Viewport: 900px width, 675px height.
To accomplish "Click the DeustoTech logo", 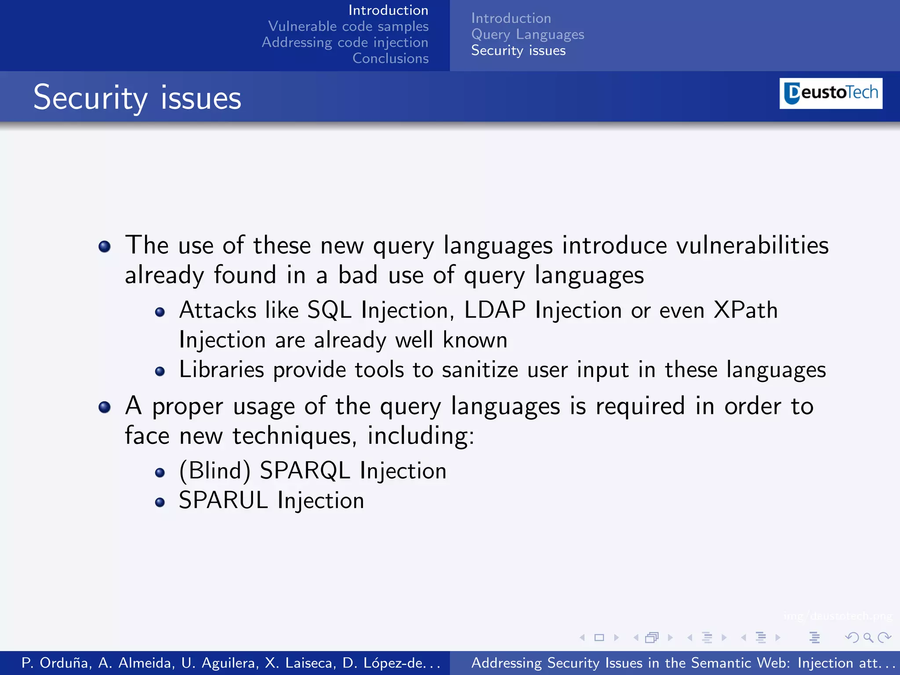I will click(831, 93).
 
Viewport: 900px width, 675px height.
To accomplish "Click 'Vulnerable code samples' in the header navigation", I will click(348, 26).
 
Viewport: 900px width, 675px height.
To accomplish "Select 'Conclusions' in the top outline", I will click(390, 58).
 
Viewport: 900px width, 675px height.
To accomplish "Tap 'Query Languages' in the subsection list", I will click(527, 34).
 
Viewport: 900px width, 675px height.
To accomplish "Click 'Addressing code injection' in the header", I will click(345, 43).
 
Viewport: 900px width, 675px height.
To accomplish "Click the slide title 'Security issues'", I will click(137, 98).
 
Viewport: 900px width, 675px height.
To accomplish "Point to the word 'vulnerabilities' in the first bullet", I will click(752, 245).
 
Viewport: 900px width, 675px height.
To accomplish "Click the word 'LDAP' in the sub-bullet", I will click(494, 310).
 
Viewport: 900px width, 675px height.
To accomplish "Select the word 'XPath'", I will click(745, 310).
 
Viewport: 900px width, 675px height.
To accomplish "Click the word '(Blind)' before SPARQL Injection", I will click(215, 471).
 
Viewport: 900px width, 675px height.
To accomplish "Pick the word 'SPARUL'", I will click(223, 501).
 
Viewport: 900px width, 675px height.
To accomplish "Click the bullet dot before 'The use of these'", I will click(105, 247).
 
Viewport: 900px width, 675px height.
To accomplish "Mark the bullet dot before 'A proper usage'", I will click(105, 407).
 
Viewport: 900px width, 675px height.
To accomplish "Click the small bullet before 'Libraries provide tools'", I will click(160, 372).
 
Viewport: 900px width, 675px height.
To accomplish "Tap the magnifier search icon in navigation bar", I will click(868, 637).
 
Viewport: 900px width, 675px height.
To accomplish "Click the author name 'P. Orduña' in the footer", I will click(56, 663).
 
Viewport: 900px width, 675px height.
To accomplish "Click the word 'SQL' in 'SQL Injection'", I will click(329, 310).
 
